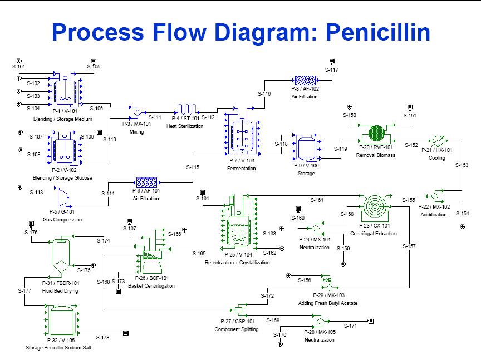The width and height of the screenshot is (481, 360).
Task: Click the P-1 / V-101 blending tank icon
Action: pyautogui.click(x=65, y=90)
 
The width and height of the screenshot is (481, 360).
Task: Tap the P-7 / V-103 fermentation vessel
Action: pyautogui.click(x=241, y=135)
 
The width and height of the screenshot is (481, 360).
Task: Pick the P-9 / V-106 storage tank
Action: pyautogui.click(x=306, y=149)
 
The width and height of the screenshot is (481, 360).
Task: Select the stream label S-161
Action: pyautogui.click(x=316, y=200)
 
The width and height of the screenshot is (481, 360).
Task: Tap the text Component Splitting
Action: pyautogui.click(x=237, y=329)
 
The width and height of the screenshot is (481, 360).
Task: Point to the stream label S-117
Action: pyautogui.click(x=331, y=70)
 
